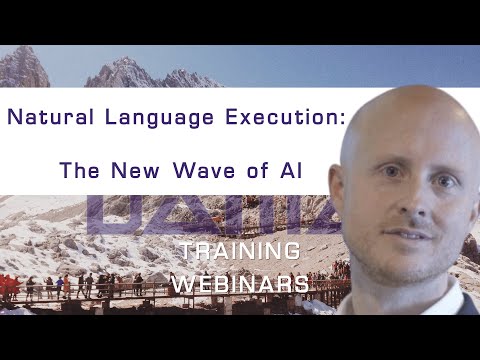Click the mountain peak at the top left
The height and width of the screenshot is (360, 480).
click(22, 55)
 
